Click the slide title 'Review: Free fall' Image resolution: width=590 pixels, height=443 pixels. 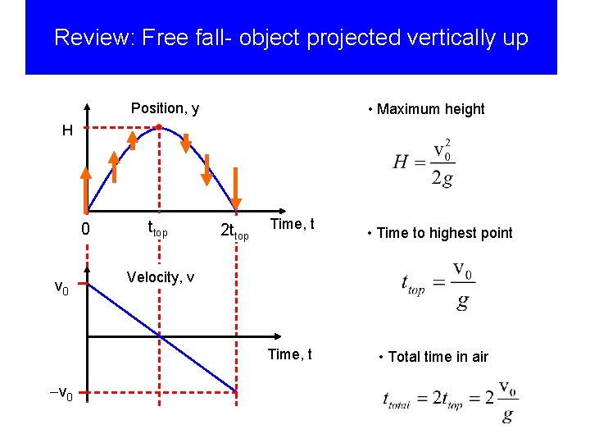(x=291, y=38)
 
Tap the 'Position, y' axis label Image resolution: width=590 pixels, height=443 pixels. (x=165, y=108)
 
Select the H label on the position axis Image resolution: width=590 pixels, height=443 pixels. (x=67, y=130)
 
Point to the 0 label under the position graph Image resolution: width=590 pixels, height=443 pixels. (x=85, y=230)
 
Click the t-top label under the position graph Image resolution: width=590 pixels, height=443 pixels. (x=157, y=231)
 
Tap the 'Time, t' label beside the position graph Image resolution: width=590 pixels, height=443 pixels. (x=293, y=224)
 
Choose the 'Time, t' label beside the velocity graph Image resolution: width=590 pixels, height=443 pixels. (x=290, y=354)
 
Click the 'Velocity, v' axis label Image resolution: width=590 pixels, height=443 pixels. (x=161, y=277)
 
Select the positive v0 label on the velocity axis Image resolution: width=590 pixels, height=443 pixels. (x=62, y=287)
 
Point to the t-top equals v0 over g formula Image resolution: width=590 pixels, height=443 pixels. (x=438, y=285)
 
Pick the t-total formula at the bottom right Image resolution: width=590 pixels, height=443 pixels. (x=450, y=400)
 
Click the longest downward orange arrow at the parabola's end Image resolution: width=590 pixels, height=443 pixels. (x=236, y=188)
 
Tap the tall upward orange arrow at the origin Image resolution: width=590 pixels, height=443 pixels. (x=85, y=187)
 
